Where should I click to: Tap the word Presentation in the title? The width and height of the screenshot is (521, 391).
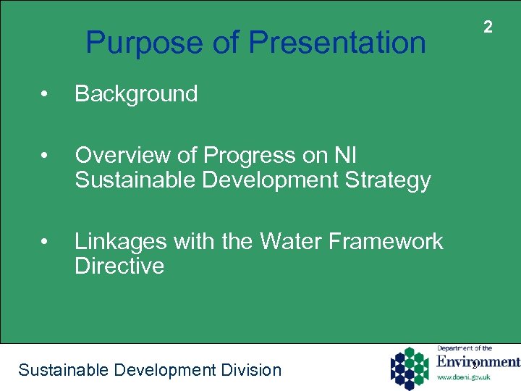coord(337,43)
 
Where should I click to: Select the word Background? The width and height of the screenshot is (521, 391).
coord(136,94)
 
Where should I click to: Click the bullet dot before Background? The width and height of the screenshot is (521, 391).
coord(45,95)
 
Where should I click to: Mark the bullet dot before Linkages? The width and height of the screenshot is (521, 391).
coord(45,242)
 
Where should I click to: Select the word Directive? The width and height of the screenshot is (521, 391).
coord(119,266)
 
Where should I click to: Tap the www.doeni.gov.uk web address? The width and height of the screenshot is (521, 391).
coord(465,377)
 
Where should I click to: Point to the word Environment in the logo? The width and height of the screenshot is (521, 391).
coord(478,362)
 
